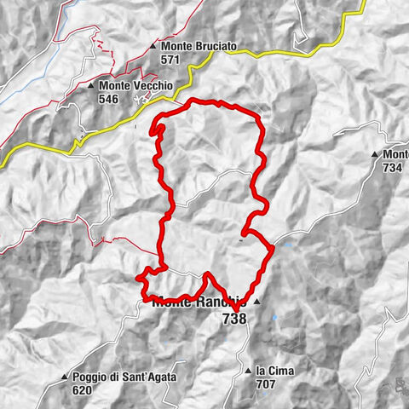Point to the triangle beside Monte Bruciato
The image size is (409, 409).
(153, 46)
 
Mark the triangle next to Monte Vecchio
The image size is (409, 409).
(90, 86)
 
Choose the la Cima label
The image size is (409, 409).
(274, 371)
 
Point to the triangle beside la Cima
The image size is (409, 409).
(247, 371)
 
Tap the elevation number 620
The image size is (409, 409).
(81, 390)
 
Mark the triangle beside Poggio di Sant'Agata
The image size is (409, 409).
(64, 377)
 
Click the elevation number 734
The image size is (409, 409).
(393, 168)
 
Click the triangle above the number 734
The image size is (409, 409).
(374, 154)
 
